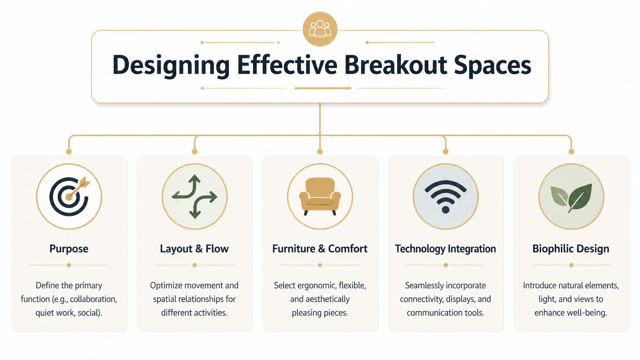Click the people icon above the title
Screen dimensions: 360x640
[x=320, y=29]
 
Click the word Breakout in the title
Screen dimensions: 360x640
[x=395, y=65]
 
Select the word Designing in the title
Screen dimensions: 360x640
[x=170, y=65]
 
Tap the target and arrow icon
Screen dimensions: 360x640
[x=69, y=196]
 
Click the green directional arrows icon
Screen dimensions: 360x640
[x=194, y=196]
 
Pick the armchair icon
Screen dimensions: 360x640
[x=320, y=196]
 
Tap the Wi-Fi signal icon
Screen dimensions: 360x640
[x=446, y=196]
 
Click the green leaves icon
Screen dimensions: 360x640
[x=571, y=196]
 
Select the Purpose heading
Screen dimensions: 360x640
[x=69, y=249]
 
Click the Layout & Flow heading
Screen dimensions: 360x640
[x=194, y=249]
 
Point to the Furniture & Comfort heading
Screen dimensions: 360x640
[x=320, y=249]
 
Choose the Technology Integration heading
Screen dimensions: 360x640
[x=445, y=249]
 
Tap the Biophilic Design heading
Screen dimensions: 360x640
[x=571, y=249]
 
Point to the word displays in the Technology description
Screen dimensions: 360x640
[x=460, y=299]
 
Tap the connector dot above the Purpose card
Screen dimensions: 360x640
[x=69, y=151]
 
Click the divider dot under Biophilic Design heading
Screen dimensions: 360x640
[x=571, y=265]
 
